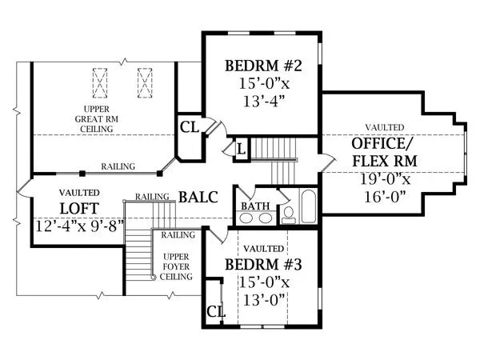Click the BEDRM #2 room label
[x=263, y=66]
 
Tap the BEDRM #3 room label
[x=263, y=265]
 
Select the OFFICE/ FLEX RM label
[x=385, y=152]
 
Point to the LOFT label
[x=79, y=209]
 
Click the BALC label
[x=198, y=197]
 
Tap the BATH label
[x=255, y=206]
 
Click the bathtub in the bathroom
[x=308, y=206]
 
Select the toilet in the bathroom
[x=288, y=215]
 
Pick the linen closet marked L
[x=242, y=150]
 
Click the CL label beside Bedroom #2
[x=189, y=127]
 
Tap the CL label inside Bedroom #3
[x=216, y=312]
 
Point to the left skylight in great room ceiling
[x=100, y=83]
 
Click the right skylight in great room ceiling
[x=145, y=83]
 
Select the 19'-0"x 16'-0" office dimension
[x=385, y=188]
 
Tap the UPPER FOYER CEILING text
[x=176, y=266]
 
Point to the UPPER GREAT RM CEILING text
[x=97, y=119]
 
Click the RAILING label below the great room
[x=118, y=166]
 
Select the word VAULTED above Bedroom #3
[x=263, y=249]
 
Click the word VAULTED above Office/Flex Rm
[x=385, y=127]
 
